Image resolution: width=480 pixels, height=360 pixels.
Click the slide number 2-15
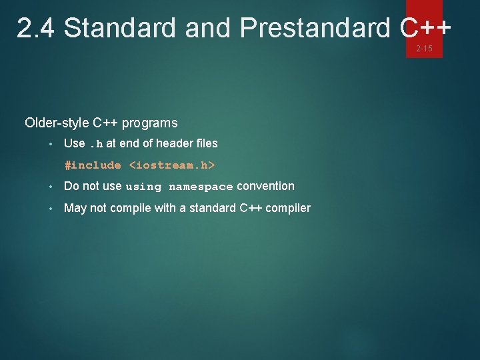click(x=424, y=49)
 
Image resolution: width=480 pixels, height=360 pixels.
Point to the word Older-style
click(x=58, y=123)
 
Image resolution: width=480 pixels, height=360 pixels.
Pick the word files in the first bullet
click(x=205, y=143)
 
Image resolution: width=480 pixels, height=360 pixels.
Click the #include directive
click(x=93, y=165)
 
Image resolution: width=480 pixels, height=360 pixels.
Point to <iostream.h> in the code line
click(x=172, y=165)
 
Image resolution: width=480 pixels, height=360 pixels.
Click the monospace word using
click(x=143, y=187)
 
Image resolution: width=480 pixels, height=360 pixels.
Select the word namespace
click(x=201, y=187)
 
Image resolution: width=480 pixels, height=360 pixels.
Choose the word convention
click(x=265, y=187)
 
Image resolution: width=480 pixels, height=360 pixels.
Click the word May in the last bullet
click(x=75, y=208)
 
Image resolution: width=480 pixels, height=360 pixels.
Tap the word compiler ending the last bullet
click(x=288, y=208)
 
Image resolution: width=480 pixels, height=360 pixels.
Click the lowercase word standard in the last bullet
click(x=211, y=208)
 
